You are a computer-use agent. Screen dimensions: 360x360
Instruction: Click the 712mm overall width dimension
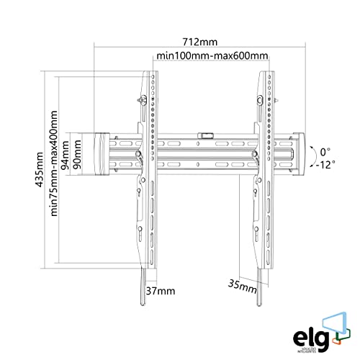coord(200,42)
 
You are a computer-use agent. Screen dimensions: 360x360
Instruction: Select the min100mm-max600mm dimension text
coord(208,56)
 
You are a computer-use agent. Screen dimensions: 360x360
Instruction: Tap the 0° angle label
coord(325,152)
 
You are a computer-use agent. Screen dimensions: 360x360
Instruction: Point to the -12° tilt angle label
coord(324,164)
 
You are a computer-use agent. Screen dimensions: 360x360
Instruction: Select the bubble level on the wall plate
coord(205,134)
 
